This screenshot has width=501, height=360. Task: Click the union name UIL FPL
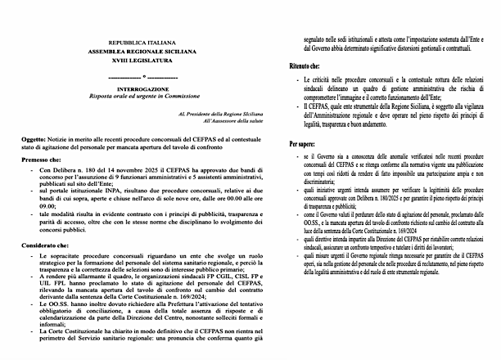[53, 286]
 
